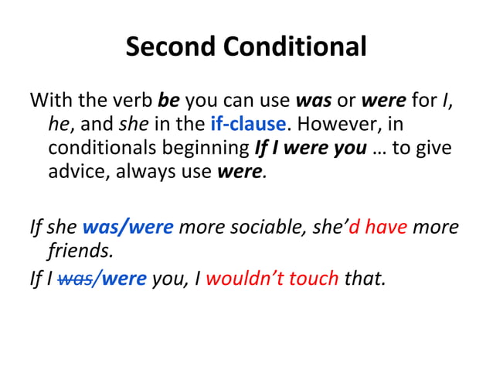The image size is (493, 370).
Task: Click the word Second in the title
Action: (x=172, y=48)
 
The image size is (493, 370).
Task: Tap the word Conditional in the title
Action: (x=296, y=48)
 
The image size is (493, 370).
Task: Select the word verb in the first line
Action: (x=136, y=101)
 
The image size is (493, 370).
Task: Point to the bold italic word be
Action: (x=168, y=101)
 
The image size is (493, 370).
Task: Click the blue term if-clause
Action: (x=248, y=124)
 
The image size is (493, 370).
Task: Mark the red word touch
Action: (x=312, y=277)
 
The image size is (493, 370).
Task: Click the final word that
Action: (x=363, y=277)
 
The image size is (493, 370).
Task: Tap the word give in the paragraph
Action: (x=433, y=147)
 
